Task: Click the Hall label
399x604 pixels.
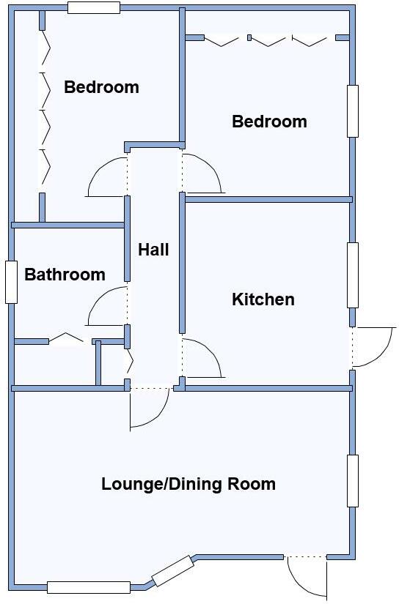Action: pyautogui.click(x=153, y=250)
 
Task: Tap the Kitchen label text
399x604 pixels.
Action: pyautogui.click(x=263, y=299)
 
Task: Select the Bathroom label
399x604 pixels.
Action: pyautogui.click(x=65, y=275)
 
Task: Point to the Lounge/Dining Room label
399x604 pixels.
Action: pyautogui.click(x=188, y=484)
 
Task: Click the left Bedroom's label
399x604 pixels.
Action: pyautogui.click(x=101, y=88)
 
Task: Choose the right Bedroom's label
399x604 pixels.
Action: pyautogui.click(x=269, y=122)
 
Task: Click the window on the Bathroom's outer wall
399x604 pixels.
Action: pyautogui.click(x=11, y=282)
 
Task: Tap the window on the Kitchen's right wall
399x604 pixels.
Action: pyautogui.click(x=353, y=275)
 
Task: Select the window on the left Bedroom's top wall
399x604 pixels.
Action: pyautogui.click(x=93, y=8)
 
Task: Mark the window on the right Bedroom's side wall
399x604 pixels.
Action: pyautogui.click(x=353, y=111)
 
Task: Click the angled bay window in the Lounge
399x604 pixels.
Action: pyautogui.click(x=173, y=571)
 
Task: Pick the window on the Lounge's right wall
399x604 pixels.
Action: pyautogui.click(x=353, y=480)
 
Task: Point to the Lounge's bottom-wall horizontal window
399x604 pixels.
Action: pyautogui.click(x=88, y=586)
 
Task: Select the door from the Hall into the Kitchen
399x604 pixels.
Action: pyautogui.click(x=203, y=359)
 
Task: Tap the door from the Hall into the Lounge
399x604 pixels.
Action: pyautogui.click(x=150, y=409)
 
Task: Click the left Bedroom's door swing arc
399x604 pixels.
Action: pyautogui.click(x=106, y=178)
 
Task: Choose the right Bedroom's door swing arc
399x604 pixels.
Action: pyautogui.click(x=203, y=174)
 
